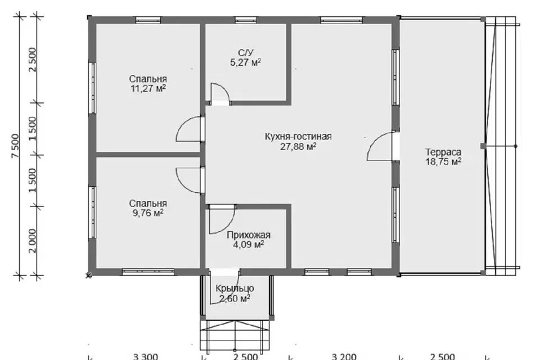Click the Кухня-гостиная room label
[298, 137]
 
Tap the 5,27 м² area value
[245, 62]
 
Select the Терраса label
[443, 152]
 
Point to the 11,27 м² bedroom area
[148, 88]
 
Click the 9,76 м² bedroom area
[148, 213]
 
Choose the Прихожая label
[248, 235]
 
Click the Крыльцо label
[235, 289]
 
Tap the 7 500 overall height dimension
[16, 146]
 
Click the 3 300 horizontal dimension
[145, 356]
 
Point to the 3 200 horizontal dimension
[344, 356]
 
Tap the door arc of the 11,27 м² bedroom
[182, 123]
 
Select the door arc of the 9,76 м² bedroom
[182, 184]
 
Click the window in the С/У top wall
[246, 20]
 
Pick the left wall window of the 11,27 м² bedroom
[92, 88]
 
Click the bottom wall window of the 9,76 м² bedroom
[148, 272]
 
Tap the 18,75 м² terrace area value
[443, 161]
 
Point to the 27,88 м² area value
[298, 146]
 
